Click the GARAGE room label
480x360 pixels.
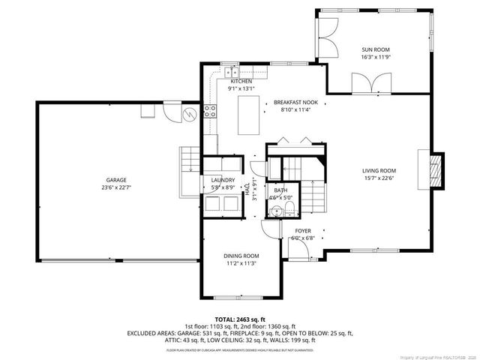coord(115,181)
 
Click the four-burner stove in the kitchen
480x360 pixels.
coord(211,112)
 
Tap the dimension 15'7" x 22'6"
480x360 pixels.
coord(379,178)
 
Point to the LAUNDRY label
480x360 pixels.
coord(223,180)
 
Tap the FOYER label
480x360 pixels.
coord(302,231)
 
